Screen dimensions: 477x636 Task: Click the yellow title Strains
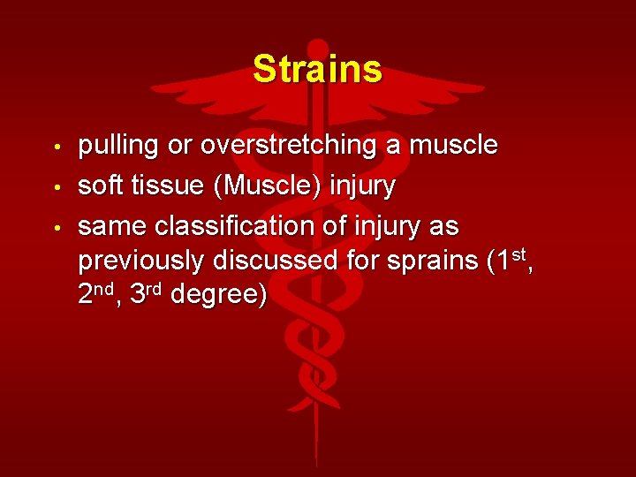[317, 69]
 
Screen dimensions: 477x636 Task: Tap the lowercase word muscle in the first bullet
[453, 146]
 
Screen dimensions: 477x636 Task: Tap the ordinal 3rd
[146, 294]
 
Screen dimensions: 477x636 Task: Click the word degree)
[218, 295]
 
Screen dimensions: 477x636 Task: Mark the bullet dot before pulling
[56, 147]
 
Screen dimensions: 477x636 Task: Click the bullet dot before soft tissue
[56, 187]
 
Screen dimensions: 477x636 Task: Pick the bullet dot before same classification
[56, 228]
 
